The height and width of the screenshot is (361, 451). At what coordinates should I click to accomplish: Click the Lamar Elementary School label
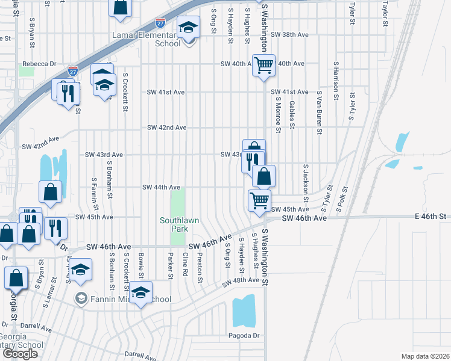click(147, 39)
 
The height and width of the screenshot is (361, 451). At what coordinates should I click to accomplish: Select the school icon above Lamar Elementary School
click(188, 28)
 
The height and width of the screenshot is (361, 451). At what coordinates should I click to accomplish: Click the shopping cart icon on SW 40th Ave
click(263, 64)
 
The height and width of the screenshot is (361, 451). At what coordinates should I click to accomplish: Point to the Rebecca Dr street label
click(39, 63)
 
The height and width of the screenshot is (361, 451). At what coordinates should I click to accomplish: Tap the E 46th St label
click(431, 216)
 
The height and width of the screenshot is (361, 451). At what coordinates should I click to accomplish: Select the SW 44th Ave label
click(161, 188)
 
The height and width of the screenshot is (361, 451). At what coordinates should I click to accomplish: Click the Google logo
click(20, 354)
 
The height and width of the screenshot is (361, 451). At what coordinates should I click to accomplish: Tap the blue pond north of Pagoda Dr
click(244, 311)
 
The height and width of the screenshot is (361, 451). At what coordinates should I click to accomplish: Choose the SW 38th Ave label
click(290, 35)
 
